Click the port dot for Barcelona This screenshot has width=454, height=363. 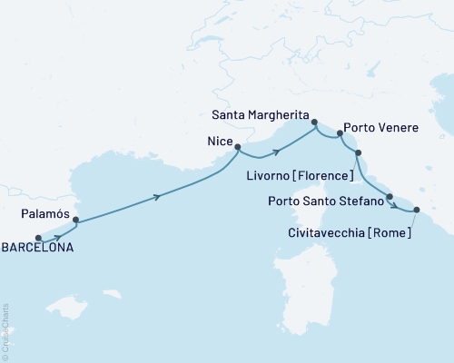[38, 240]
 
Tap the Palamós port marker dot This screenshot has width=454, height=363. [75, 219]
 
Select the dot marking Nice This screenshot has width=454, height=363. [237, 146]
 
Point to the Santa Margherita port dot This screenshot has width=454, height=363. [314, 122]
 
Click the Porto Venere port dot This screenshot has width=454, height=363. [340, 133]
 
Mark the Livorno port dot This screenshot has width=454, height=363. [358, 152]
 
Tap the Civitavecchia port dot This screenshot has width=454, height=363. [417, 210]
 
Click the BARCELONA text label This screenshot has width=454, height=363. [39, 247]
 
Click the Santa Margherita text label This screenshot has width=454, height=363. [259, 115]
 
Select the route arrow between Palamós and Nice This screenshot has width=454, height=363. [159, 196]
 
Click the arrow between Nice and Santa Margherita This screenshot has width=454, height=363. [275, 142]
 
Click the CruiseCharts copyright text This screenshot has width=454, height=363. [5, 330]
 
